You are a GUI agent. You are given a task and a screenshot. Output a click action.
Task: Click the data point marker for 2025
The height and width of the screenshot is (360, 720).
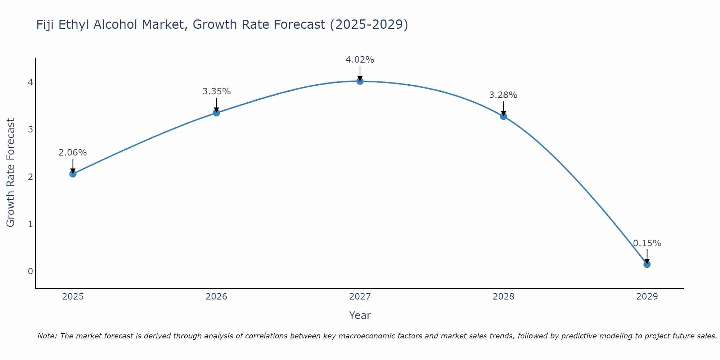(73, 174)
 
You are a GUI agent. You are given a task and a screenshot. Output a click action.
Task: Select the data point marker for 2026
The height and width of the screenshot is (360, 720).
(216, 113)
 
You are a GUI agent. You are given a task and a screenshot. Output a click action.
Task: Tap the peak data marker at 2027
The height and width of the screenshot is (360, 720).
(360, 81)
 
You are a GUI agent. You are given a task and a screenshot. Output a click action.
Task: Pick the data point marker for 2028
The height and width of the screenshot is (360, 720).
(503, 116)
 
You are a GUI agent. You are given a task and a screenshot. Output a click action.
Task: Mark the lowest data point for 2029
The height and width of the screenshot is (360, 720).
(647, 264)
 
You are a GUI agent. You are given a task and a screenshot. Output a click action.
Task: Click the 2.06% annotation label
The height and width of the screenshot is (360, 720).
(73, 153)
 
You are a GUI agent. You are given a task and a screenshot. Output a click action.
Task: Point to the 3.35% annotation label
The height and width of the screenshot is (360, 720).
(216, 91)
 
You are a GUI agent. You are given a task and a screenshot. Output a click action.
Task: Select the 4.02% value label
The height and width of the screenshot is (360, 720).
(360, 60)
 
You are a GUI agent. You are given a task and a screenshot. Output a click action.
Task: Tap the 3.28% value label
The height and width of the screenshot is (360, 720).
(503, 95)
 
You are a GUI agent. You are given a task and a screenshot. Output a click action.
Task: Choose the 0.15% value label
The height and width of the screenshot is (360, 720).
(647, 243)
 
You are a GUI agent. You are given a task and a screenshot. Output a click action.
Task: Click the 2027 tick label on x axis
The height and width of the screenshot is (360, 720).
(360, 297)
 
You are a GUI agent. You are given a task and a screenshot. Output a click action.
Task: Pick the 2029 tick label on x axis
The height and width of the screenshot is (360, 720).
(647, 297)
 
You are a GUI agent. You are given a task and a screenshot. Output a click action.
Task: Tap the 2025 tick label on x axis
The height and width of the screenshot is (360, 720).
(73, 297)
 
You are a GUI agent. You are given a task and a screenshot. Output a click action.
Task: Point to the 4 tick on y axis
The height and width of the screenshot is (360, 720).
(31, 82)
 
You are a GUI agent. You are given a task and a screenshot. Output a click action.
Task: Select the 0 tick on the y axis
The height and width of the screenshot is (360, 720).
(31, 271)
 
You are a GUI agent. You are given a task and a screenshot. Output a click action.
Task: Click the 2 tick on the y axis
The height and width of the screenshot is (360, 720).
(31, 177)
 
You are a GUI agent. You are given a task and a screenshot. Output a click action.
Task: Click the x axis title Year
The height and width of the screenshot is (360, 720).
(360, 315)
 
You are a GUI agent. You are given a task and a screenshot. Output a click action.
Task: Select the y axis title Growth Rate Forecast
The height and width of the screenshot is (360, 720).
(11, 173)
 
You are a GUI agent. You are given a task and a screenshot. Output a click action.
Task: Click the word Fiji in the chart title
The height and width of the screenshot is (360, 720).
(45, 25)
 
